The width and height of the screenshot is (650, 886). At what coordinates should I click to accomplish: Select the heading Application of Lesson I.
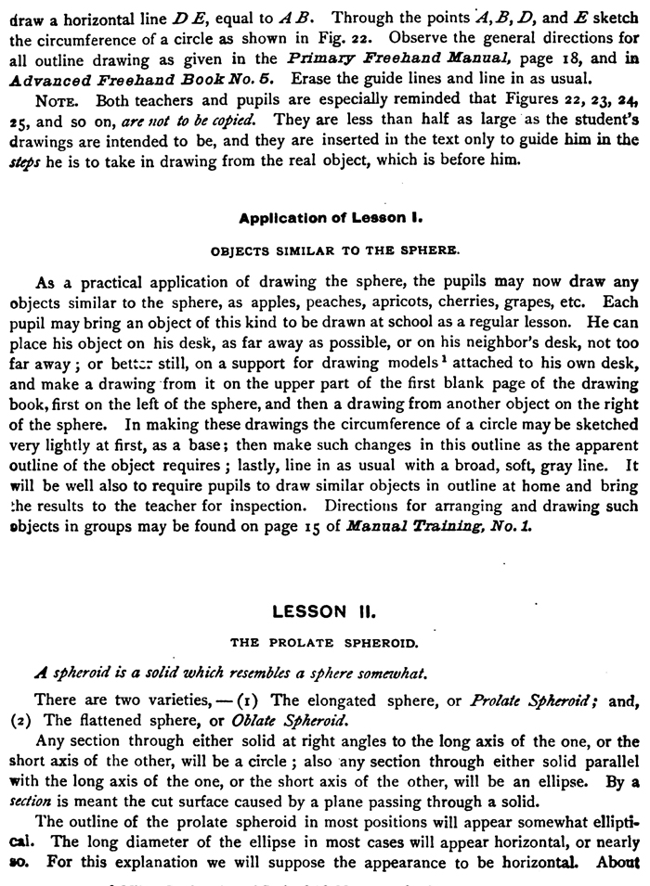click(331, 219)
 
